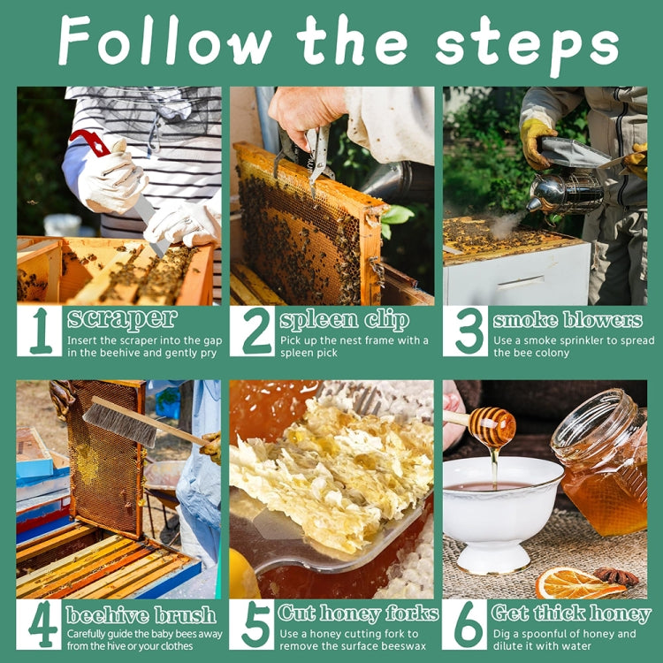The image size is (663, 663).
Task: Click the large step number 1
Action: point(41,331)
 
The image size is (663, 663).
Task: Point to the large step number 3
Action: point(469,331)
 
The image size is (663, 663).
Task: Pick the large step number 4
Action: point(42,624)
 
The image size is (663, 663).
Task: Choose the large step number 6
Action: point(469,624)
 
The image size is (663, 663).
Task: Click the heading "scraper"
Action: point(122,319)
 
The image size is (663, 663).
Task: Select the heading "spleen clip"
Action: point(344,320)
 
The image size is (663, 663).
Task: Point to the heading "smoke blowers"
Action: point(568,320)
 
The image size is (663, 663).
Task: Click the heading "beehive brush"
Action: point(141,614)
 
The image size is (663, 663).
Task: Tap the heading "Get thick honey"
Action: point(571,613)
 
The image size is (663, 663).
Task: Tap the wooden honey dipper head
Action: point(492,427)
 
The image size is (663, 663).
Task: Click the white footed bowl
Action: point(502,513)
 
